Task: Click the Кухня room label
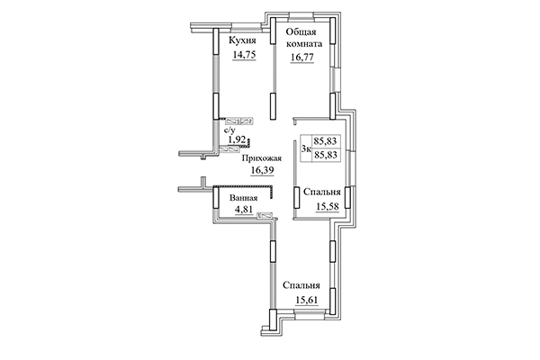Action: [244, 40]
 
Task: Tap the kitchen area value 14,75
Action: [244, 54]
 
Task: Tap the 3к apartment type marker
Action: [307, 148]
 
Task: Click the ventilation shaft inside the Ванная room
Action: [265, 215]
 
